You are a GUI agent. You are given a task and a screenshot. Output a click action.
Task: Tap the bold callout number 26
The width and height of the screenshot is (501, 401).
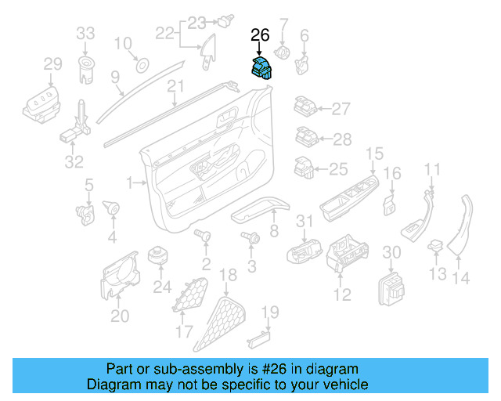click(259, 35)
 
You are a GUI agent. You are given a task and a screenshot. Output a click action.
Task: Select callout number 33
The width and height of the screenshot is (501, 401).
click(85, 34)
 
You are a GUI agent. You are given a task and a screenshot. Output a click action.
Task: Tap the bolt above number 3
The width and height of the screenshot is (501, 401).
click(252, 238)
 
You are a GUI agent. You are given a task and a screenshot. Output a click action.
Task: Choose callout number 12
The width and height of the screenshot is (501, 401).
click(342, 294)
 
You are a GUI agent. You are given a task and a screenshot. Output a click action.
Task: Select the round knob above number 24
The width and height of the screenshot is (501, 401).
click(161, 256)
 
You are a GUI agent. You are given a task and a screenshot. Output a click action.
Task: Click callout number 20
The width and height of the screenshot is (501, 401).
click(119, 316)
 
